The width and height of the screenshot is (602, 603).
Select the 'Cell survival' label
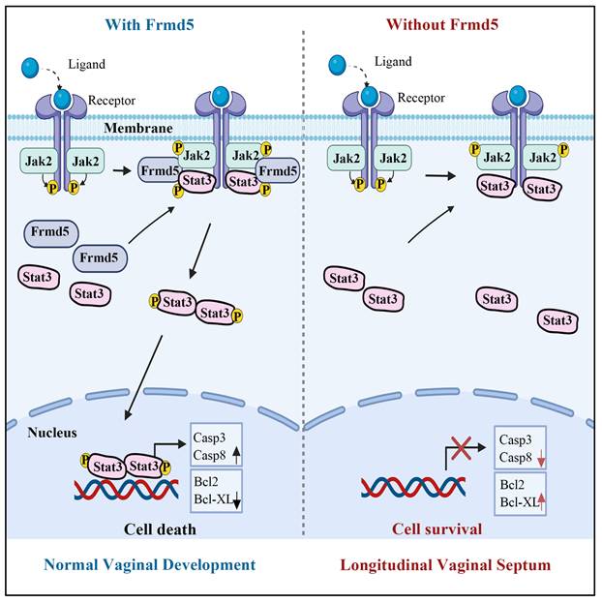pos(436,528)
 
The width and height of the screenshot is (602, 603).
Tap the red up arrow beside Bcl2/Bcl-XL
pos(543,497)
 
